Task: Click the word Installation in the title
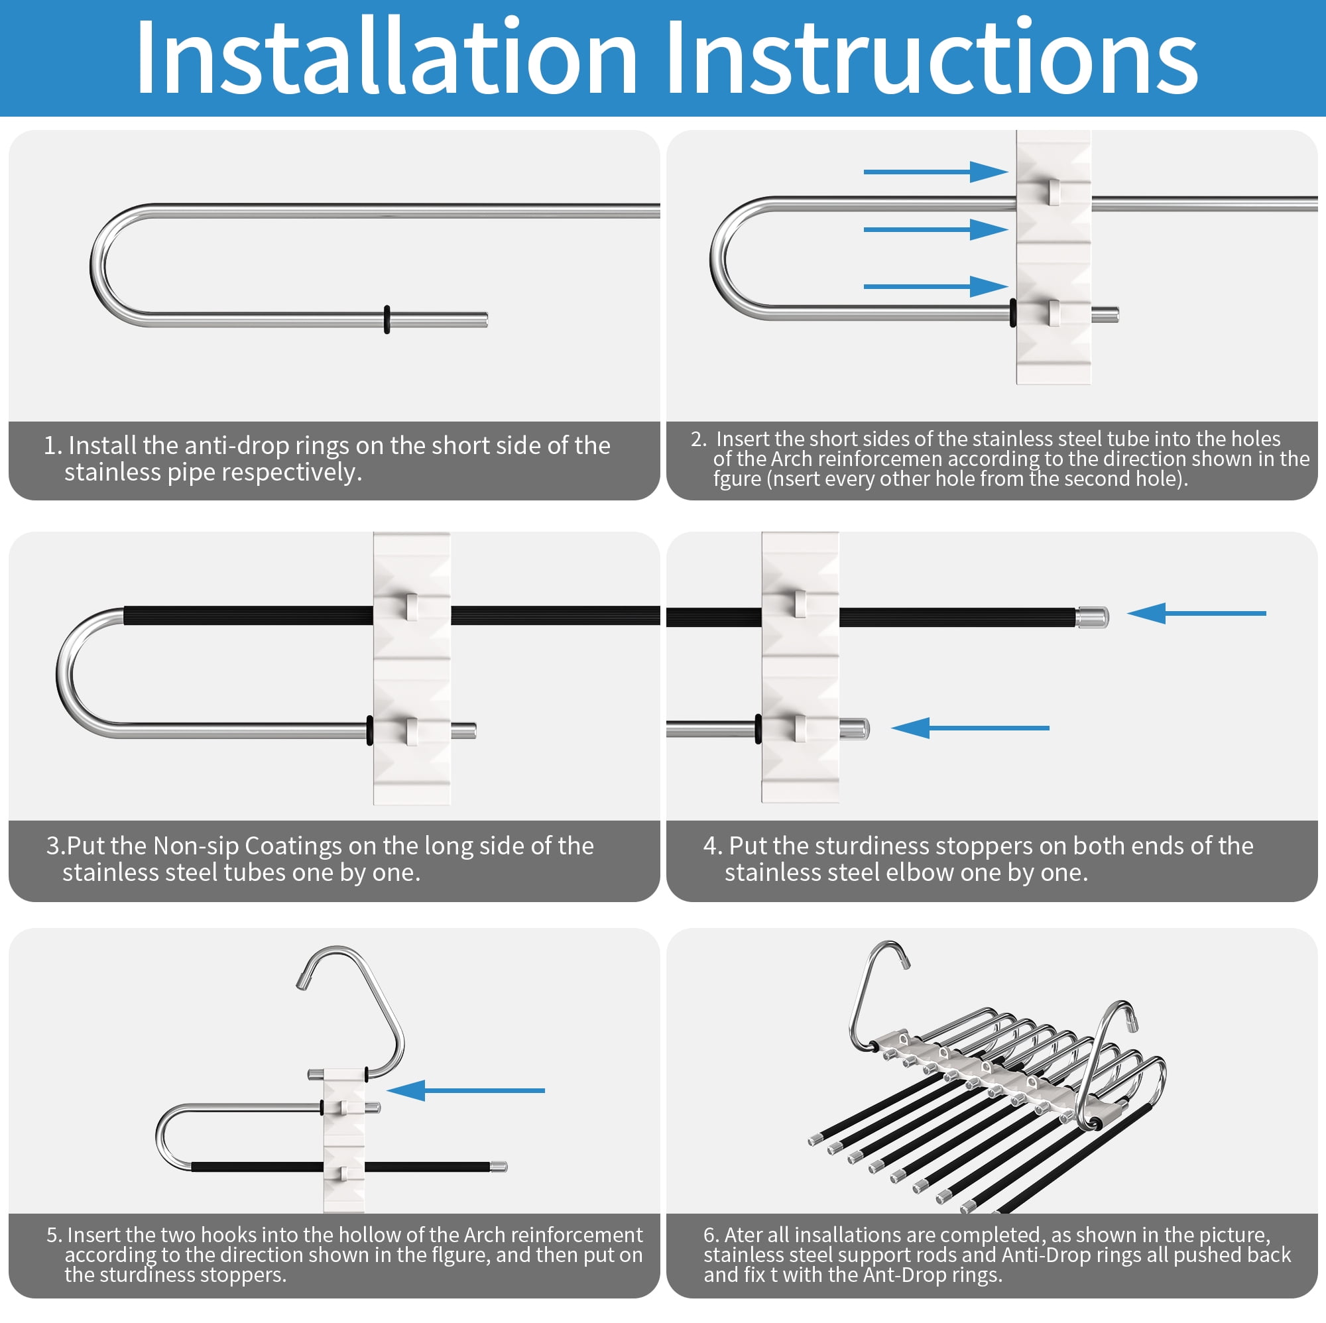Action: tap(387, 57)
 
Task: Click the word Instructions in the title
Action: tap(932, 57)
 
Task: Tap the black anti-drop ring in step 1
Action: tap(387, 319)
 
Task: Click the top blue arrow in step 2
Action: tap(935, 172)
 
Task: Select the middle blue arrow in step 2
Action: tap(935, 229)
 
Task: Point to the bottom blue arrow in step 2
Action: tap(935, 286)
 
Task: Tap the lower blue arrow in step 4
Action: tap(971, 728)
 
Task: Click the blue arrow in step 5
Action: tap(466, 1090)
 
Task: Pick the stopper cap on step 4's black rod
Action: tap(1092, 618)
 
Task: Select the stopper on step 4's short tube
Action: tap(855, 728)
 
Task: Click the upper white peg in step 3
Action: tap(411, 607)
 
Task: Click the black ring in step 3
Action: tap(371, 730)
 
